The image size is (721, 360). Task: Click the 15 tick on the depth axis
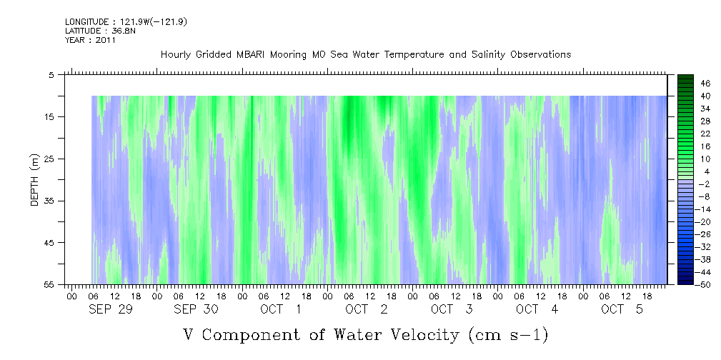(49, 116)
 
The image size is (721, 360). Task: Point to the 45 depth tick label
(49, 242)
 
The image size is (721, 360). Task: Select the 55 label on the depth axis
(49, 284)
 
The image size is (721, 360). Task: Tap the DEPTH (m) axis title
(36, 180)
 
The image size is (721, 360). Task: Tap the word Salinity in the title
(488, 55)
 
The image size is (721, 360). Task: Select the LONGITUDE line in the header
(126, 22)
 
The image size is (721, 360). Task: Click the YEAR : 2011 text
(91, 40)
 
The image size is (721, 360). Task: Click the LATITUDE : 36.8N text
(100, 31)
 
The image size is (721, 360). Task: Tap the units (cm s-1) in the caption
(509, 336)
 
